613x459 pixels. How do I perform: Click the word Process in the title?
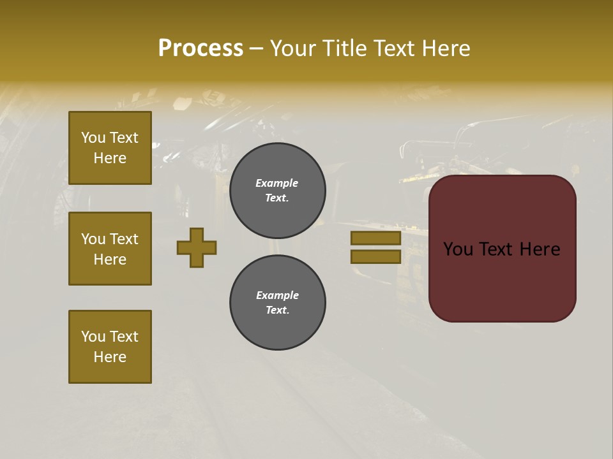tap(201, 48)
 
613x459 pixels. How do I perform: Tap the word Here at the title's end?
tap(443, 48)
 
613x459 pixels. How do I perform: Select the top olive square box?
tap(110, 148)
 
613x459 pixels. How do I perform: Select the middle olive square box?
tap(110, 249)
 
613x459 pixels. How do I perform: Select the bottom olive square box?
tap(110, 347)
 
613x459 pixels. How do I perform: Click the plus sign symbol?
tap(197, 247)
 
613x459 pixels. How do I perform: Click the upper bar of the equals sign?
tap(375, 238)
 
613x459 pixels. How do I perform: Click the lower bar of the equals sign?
tap(375, 256)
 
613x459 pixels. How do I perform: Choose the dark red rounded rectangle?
tap(502, 280)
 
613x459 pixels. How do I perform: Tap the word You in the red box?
tap(458, 249)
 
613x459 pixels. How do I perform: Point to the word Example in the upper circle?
tap(277, 183)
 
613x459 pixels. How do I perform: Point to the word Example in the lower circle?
tap(277, 295)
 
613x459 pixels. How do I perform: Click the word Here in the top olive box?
tap(110, 158)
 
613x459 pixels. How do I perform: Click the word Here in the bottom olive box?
tap(110, 357)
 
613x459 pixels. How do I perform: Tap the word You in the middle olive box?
tap(93, 239)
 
